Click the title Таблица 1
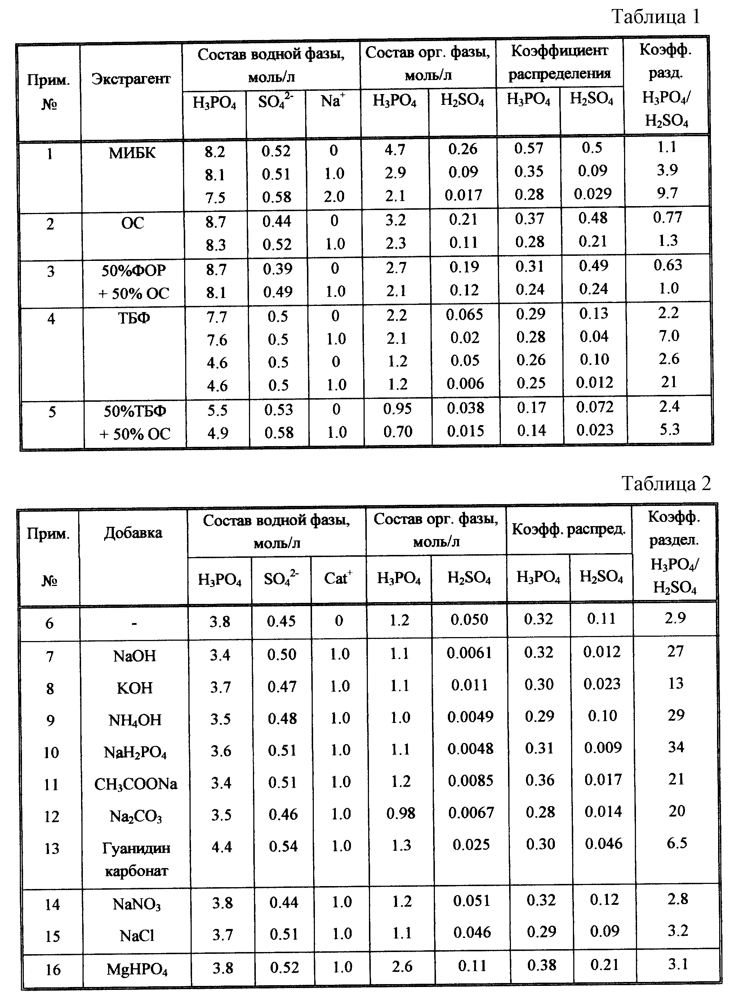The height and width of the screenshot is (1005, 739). (655, 17)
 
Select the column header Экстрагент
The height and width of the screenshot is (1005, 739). (131, 79)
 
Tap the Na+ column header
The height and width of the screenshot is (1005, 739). (333, 101)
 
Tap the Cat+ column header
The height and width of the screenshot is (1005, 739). (338, 578)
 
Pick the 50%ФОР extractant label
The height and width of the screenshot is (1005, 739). (134, 271)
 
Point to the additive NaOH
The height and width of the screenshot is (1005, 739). (135, 656)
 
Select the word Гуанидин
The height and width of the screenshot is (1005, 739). (136, 848)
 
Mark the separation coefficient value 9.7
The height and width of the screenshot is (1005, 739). (667, 193)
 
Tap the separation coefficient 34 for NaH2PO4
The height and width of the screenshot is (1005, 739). (676, 747)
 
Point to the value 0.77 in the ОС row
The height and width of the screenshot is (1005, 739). (667, 217)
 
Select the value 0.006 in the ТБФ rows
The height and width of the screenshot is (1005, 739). (465, 383)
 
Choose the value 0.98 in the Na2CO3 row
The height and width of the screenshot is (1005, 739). (401, 813)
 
